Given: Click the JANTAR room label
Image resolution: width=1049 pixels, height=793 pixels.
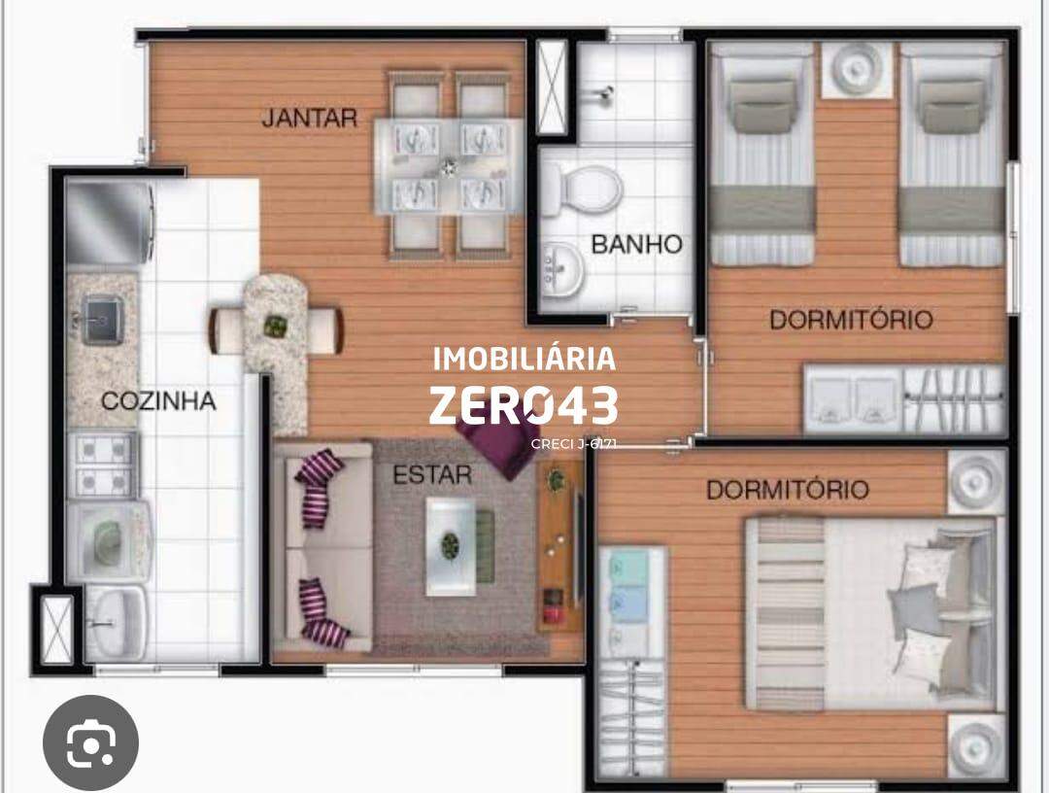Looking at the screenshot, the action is click(309, 119).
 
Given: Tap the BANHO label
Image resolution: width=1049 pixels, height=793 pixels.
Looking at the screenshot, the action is click(636, 244).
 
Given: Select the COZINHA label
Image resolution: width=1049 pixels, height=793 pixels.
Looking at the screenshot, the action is click(158, 400).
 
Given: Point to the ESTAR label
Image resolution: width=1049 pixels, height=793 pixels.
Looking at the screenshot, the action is click(432, 475).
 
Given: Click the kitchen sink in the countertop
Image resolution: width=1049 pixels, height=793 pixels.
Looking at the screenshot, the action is click(102, 319).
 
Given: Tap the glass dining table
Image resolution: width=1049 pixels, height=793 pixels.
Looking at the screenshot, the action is click(448, 166).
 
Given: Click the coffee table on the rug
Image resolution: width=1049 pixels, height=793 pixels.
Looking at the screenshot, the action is click(452, 546).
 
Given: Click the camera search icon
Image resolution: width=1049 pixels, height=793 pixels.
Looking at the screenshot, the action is click(91, 742).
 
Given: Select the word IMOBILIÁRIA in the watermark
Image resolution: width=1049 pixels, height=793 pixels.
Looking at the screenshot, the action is click(524, 360).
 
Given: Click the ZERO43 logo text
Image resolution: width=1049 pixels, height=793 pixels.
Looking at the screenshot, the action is click(524, 405).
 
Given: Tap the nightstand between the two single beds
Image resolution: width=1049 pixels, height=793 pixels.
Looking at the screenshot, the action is click(857, 70).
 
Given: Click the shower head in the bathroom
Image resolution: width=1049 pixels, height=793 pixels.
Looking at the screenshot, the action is click(605, 93).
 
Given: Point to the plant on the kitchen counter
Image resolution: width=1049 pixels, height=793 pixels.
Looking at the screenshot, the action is click(275, 326).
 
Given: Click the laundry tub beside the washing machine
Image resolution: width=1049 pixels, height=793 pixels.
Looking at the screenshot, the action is click(115, 623).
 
